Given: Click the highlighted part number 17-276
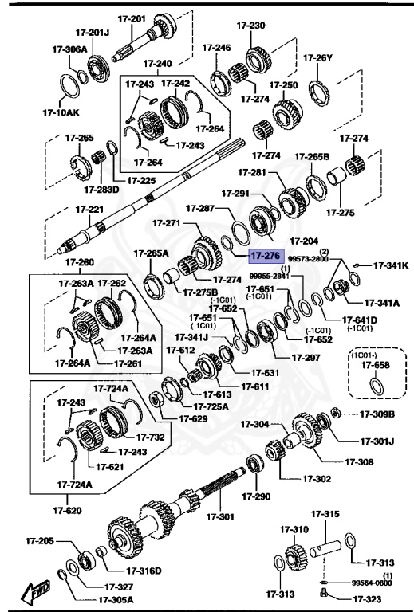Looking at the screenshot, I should (x=265, y=257).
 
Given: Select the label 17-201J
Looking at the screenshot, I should (x=94, y=33).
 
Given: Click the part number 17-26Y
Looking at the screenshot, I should (x=318, y=57).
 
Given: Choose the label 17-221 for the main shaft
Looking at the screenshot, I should (x=89, y=210).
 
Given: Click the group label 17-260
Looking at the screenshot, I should (x=79, y=261).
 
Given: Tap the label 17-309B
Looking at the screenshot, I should (x=377, y=414).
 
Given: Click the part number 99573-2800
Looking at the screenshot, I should (x=308, y=259).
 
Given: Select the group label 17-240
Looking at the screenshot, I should (x=157, y=63).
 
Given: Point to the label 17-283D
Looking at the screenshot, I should (x=101, y=190).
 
